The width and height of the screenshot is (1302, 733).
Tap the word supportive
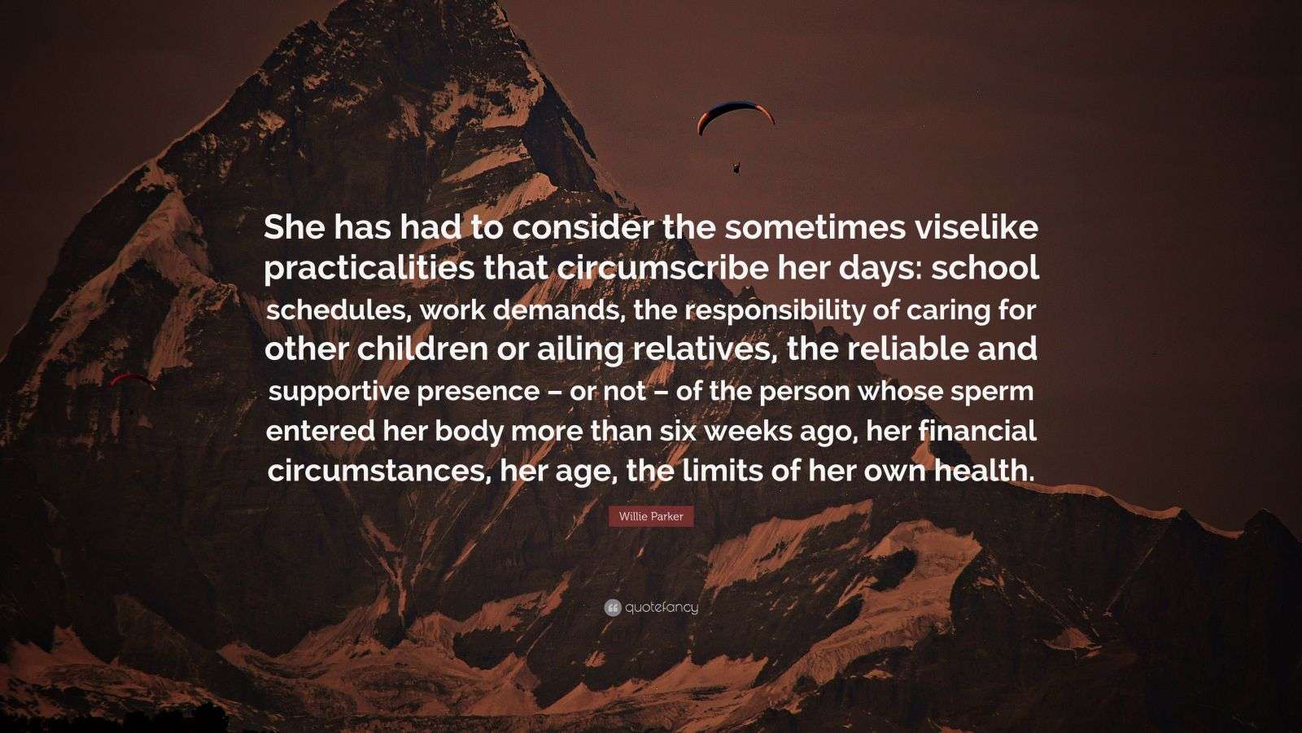pyautogui.click(x=337, y=392)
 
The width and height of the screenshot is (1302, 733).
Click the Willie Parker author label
pyautogui.click(x=651, y=516)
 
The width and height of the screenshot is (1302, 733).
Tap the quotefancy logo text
pyautogui.click(x=662, y=608)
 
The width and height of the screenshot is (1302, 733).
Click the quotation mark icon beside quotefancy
pyautogui.click(x=613, y=608)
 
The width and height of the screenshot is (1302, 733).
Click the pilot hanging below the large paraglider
pyautogui.click(x=737, y=168)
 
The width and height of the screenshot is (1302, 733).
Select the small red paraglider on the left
pyautogui.click(x=132, y=380)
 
